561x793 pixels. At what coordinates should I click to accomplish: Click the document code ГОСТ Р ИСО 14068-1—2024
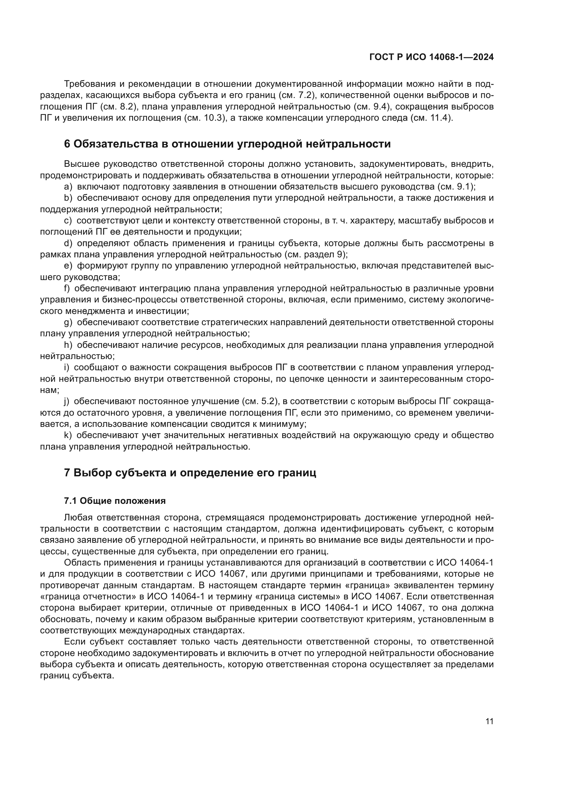(x=431, y=57)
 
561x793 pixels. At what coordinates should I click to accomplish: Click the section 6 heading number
(x=67, y=144)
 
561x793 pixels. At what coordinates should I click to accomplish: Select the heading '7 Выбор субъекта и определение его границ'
(x=190, y=473)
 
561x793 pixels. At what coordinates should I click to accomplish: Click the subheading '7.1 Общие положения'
(x=115, y=501)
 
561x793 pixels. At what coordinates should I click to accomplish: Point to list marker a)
(x=68, y=187)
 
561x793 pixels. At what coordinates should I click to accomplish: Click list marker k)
(x=68, y=435)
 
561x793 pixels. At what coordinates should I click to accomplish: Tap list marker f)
(x=67, y=289)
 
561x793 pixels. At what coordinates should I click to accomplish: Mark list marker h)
(x=68, y=345)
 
